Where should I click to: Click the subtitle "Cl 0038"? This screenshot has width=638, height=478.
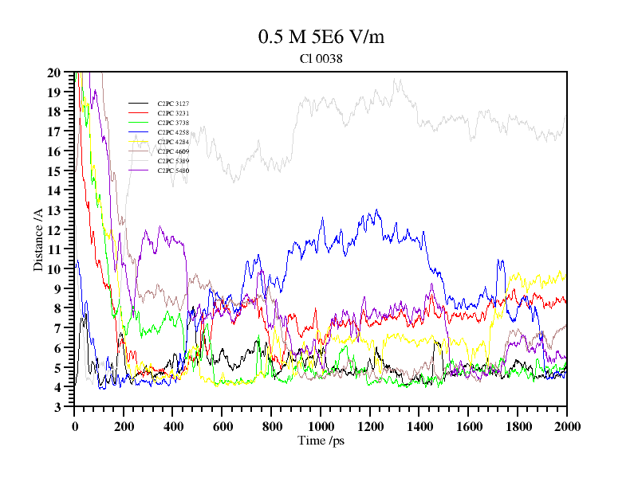[x=321, y=58]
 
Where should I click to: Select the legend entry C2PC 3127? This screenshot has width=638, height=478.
[x=173, y=104]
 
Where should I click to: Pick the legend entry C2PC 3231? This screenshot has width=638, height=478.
[x=173, y=113]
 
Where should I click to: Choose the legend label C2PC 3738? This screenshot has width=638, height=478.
[x=173, y=123]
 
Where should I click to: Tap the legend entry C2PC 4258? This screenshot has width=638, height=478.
[x=173, y=132]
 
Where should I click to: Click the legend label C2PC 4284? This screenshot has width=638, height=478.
[x=173, y=142]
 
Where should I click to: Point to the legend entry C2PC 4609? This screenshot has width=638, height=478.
[x=173, y=151]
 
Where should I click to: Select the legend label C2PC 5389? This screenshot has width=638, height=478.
[x=173, y=161]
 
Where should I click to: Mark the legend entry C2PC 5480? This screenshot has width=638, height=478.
[x=173, y=170]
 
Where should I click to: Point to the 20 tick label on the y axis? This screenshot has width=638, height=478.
[x=54, y=72]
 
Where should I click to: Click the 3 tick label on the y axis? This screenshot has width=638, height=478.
[x=57, y=407]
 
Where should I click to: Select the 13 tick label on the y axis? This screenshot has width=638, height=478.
[x=54, y=210]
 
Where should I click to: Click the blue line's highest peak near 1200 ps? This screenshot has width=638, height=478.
[x=376, y=210]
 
